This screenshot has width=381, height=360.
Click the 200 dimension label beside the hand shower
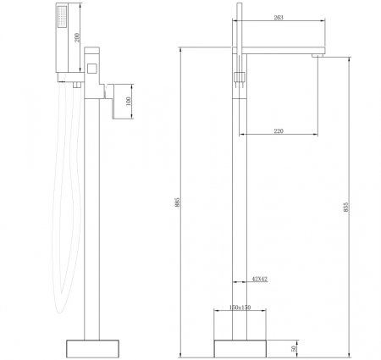pos(77,37)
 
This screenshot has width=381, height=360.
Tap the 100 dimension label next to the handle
pos(129,102)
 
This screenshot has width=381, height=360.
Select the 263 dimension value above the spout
pos(279,18)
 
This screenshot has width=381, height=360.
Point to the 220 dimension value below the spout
pos(279,131)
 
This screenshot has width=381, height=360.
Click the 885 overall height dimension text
pos(177,202)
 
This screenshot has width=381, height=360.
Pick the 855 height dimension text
pos(346,207)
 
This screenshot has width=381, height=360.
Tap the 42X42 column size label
pos(259,280)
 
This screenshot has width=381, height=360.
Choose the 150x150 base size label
pos(240,307)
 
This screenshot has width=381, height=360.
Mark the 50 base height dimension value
pos(294,349)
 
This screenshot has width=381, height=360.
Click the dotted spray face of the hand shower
pos(63,17)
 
